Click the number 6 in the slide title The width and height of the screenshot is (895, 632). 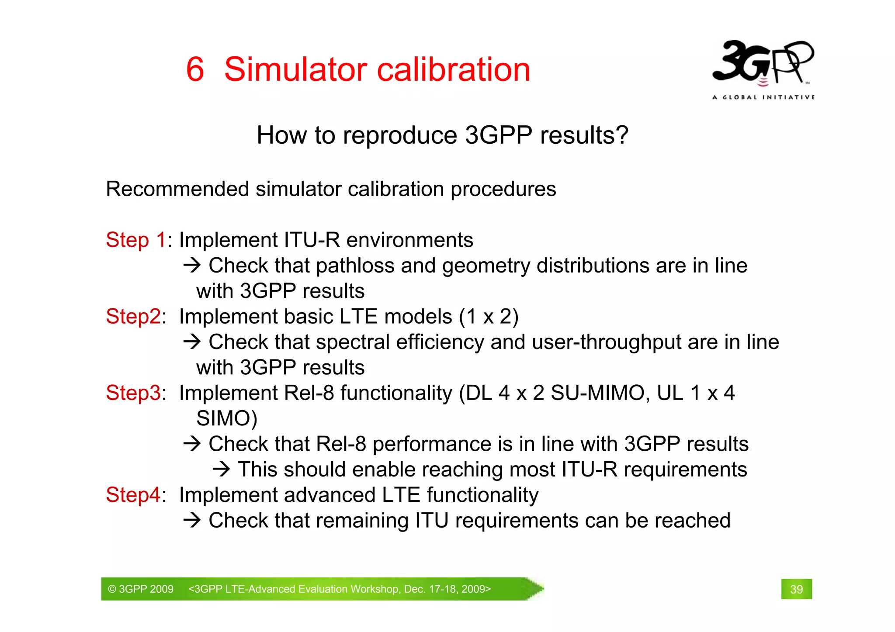pos(195,69)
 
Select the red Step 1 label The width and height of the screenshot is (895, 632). pos(136,240)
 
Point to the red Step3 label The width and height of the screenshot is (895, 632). pos(134,393)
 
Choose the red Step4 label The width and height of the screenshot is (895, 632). pos(134,495)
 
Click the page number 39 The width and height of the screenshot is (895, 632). pos(796,589)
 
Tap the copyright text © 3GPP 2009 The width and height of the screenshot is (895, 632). pos(141,589)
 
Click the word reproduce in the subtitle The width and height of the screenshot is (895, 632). pos(399,135)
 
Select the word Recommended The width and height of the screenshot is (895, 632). pos(177,190)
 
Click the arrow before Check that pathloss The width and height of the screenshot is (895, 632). pos(192,265)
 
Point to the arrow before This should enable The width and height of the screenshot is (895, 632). pos(221,470)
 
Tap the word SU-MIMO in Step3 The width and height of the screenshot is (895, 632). pos(597,393)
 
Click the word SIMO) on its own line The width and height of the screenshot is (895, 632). pos(226,418)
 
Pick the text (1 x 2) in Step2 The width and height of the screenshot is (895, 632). pos(489,317)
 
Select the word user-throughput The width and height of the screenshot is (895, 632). pos(606,342)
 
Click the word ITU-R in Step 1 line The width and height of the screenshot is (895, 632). pos(312,240)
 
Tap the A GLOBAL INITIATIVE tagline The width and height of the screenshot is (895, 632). pos(763,97)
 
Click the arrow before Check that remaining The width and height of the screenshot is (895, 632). pos(192,520)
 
